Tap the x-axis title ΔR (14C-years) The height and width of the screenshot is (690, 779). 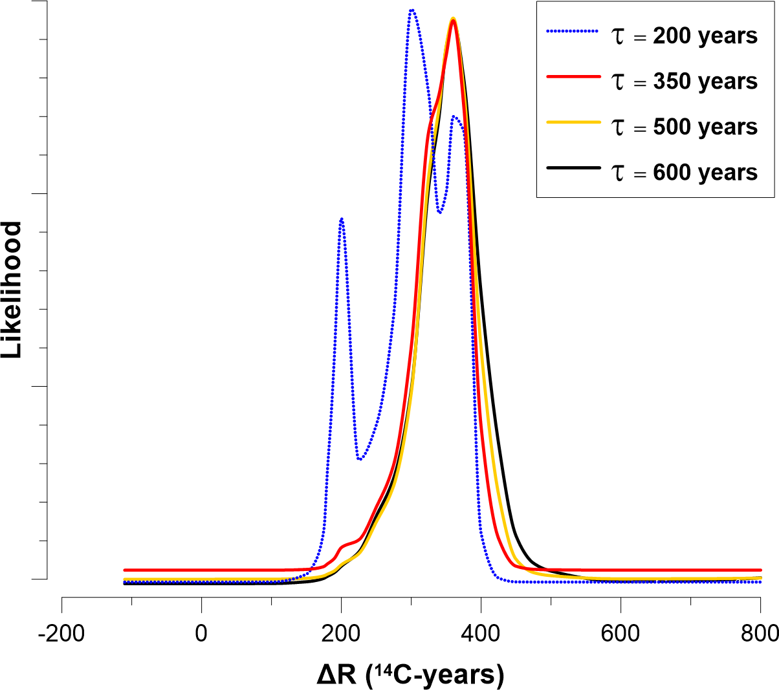pos(410,674)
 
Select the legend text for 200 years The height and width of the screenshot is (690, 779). pos(685,36)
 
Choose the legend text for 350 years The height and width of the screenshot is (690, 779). pos(685,81)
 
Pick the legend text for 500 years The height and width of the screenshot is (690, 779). pos(685,127)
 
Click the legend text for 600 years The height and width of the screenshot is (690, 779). pos(685,173)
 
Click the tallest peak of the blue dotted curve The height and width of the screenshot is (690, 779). pos(411,10)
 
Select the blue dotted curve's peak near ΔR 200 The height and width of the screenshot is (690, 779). pos(341,219)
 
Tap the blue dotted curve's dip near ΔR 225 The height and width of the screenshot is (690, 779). pos(360,458)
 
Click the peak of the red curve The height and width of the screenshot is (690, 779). pos(454,21)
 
